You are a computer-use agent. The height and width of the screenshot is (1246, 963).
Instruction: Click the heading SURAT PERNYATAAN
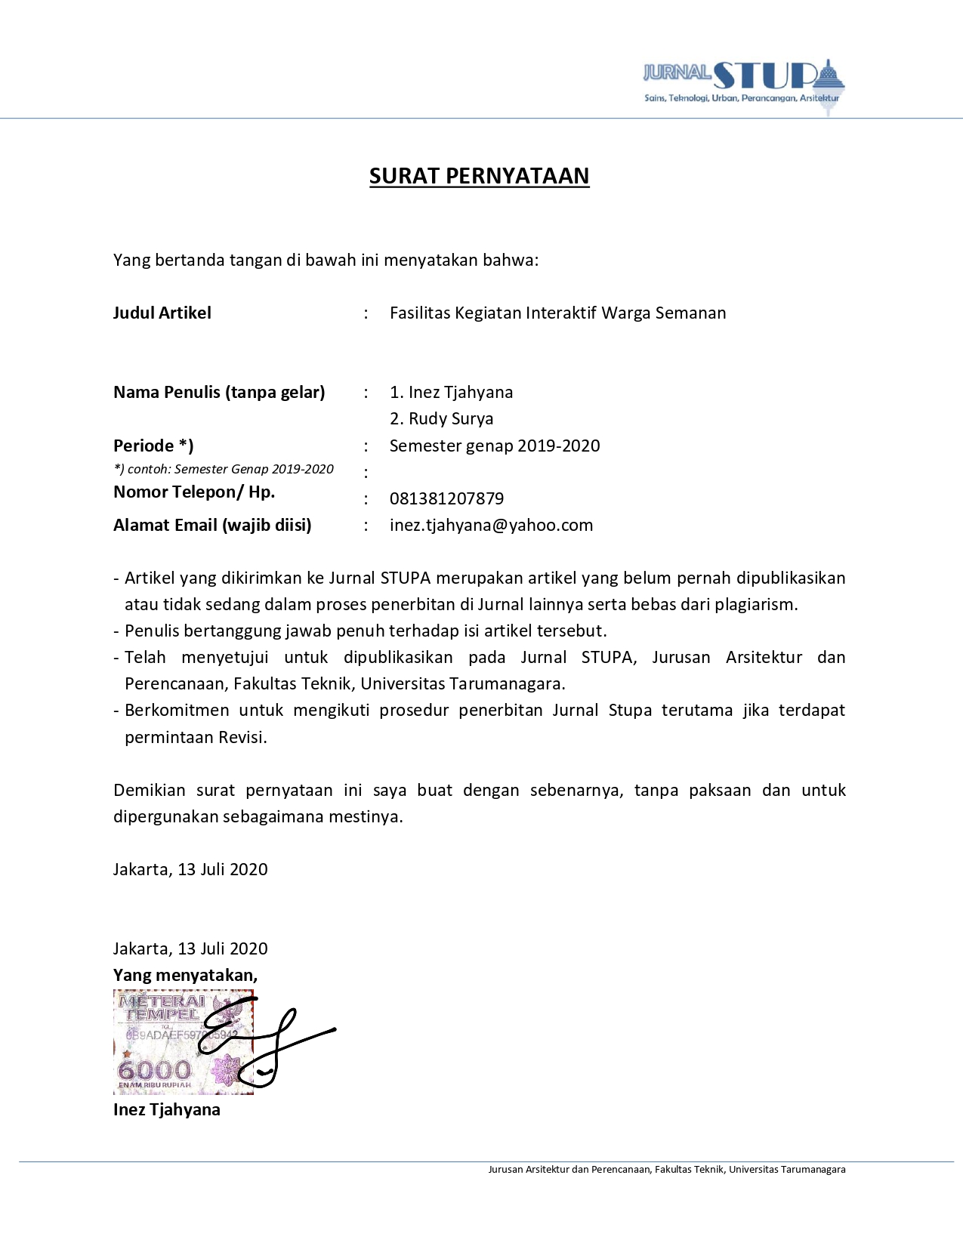pyautogui.click(x=479, y=176)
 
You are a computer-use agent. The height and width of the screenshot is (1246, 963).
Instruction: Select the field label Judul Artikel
pyautogui.click(x=162, y=313)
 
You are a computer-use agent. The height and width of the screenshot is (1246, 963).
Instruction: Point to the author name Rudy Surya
pyautogui.click(x=451, y=418)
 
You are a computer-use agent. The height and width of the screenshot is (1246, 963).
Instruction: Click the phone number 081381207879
pyautogui.click(x=446, y=498)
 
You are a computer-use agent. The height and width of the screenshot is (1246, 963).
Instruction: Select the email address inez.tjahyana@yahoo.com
pyautogui.click(x=491, y=525)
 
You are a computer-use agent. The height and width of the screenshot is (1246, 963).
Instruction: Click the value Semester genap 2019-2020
pyautogui.click(x=495, y=446)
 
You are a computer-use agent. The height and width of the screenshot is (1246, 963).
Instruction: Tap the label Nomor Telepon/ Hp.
pyautogui.click(x=194, y=492)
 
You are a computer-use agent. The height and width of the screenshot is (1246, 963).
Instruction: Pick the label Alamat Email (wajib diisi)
pyautogui.click(x=212, y=525)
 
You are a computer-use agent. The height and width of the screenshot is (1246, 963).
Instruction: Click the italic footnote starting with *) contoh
pyautogui.click(x=224, y=469)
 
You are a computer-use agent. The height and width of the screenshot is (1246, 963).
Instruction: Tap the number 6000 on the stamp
pyautogui.click(x=155, y=1069)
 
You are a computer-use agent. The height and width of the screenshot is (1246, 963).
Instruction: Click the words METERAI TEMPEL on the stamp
pyautogui.click(x=162, y=1007)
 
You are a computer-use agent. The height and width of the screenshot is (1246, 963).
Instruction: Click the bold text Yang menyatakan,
pyautogui.click(x=185, y=975)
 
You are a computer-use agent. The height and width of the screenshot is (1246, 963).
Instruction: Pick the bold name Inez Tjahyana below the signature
pyautogui.click(x=167, y=1109)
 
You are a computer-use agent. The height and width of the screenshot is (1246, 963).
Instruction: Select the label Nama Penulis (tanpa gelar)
pyautogui.click(x=219, y=392)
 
